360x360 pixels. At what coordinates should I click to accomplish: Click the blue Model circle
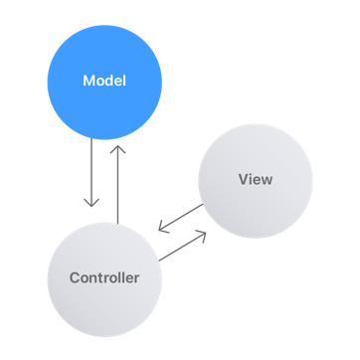point(103,80)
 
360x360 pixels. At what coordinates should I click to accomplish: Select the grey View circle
point(255,180)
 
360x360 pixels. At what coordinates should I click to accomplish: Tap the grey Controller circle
point(103,276)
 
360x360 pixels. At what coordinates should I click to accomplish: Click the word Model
point(103,80)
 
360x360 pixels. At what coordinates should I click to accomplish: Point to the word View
point(255,180)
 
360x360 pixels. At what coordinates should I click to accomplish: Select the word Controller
point(103,277)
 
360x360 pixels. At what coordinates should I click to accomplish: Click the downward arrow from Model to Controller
point(92,174)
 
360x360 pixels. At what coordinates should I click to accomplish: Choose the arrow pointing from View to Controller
point(181,218)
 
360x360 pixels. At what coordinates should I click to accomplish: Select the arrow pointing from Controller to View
point(183,246)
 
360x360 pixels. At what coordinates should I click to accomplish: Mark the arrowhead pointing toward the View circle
point(205,234)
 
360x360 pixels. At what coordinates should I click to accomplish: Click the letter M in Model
point(87,80)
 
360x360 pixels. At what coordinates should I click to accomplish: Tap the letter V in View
point(243,180)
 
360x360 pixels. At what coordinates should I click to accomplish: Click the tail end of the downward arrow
point(92,141)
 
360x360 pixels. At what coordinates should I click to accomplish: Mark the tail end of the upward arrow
point(117,221)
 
